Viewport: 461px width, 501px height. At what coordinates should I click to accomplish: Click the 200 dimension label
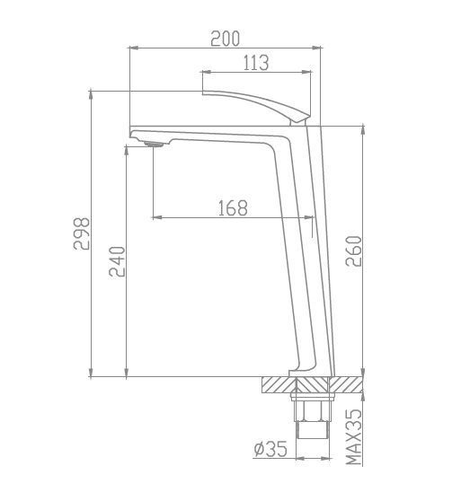pos(225,39)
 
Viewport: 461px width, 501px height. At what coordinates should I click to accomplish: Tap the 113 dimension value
pos(256,63)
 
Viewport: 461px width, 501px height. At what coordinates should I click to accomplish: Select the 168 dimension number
pos(233,208)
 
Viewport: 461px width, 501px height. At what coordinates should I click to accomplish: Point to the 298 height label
pos(82,233)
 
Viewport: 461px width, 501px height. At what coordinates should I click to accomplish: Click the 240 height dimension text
pos(117,261)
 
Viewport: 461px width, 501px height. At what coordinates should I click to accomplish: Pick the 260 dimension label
pos(353,251)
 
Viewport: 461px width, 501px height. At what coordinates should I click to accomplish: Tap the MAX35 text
pos(354,436)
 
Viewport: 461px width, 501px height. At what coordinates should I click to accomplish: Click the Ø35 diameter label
pos(270,449)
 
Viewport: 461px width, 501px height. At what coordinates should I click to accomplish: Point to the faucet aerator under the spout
pos(154,145)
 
